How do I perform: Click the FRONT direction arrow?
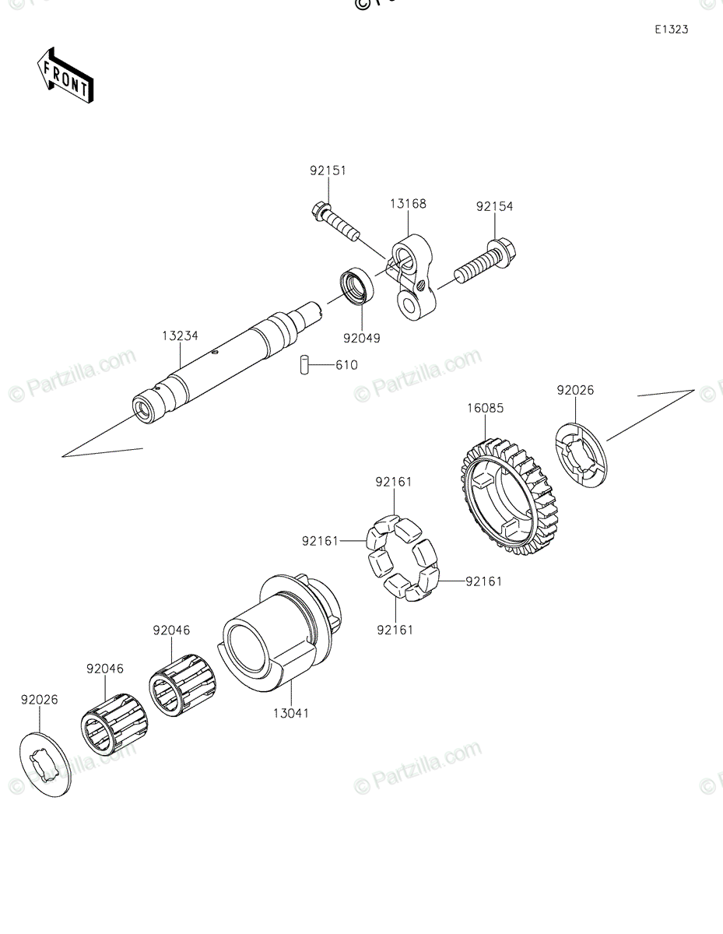click(x=66, y=75)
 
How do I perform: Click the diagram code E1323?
click(x=671, y=30)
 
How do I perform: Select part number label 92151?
click(x=328, y=170)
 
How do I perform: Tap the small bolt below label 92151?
click(x=336, y=221)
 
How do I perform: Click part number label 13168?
click(x=409, y=204)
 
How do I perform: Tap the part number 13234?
click(x=181, y=336)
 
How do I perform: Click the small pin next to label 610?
click(x=306, y=364)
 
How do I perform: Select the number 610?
click(x=347, y=364)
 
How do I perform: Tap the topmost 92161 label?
click(x=394, y=482)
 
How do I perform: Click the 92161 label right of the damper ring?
click(x=484, y=581)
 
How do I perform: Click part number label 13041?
click(x=290, y=712)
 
